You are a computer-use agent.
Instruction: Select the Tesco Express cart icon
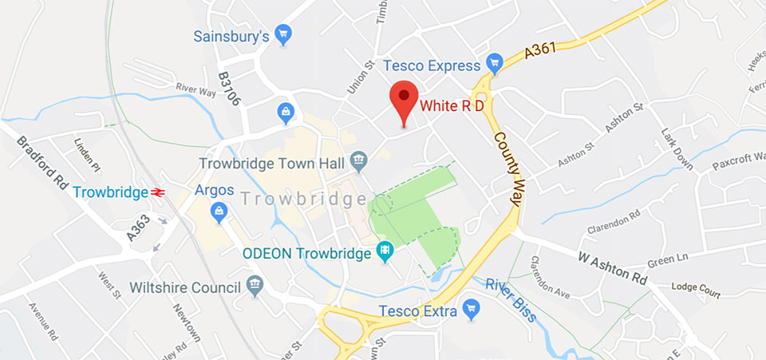(x=495, y=63)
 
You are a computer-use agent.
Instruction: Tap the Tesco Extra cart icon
(x=471, y=308)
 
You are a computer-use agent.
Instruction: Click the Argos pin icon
(x=217, y=211)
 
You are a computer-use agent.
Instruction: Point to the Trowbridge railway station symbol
(x=158, y=192)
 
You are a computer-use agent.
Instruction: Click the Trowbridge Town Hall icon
(x=358, y=161)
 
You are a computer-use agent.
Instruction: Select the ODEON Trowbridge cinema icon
(x=386, y=252)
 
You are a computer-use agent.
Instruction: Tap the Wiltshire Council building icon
(x=255, y=286)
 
